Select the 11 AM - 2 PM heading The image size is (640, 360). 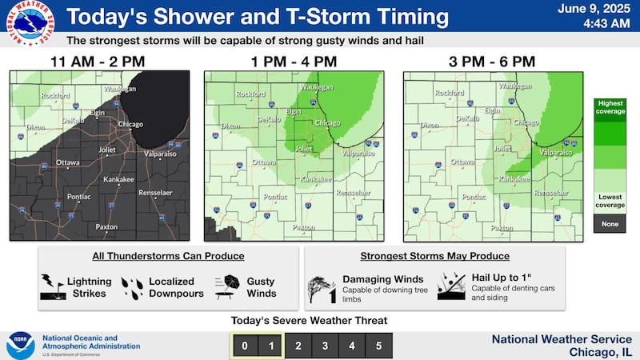(100, 61)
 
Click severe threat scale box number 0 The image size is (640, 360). (243, 346)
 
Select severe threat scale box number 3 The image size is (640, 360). (324, 346)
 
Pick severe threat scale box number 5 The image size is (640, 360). (378, 346)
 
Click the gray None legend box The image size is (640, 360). (610, 224)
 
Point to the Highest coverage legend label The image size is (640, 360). (610, 108)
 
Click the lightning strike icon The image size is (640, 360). (50, 287)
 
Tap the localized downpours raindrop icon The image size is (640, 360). (131, 287)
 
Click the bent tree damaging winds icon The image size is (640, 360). (322, 287)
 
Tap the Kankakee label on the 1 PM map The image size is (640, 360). (316, 180)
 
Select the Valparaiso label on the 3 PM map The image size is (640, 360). (557, 151)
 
